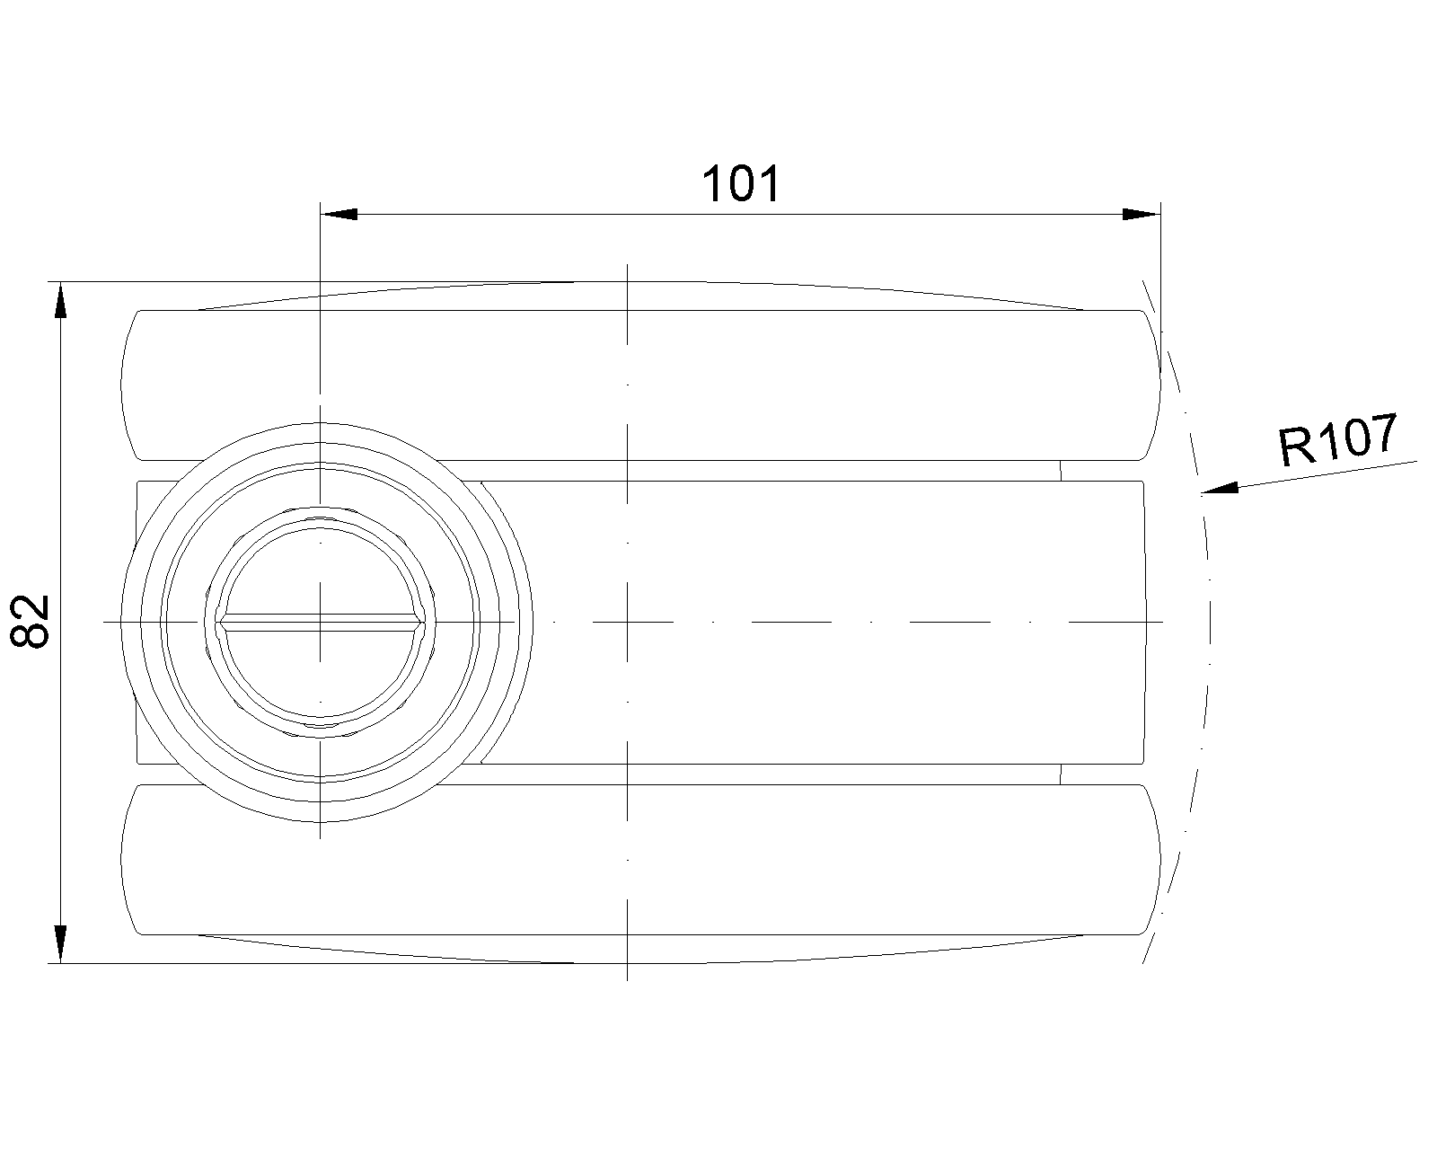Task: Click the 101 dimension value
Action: (x=741, y=184)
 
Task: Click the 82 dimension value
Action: (x=30, y=622)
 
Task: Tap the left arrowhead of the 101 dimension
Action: (x=339, y=215)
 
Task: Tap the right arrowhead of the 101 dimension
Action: (x=1142, y=215)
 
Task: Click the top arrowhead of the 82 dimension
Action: (x=61, y=301)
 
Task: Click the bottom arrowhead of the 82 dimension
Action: (x=61, y=944)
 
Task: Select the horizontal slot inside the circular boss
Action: (x=321, y=622)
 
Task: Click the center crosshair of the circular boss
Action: (x=321, y=622)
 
